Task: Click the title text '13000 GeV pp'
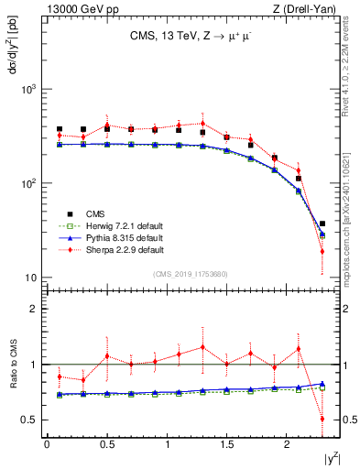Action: (x=77, y=9)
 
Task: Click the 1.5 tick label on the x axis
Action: (x=227, y=444)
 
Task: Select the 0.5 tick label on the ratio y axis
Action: (x=29, y=420)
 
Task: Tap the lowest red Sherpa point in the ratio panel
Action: (x=322, y=419)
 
